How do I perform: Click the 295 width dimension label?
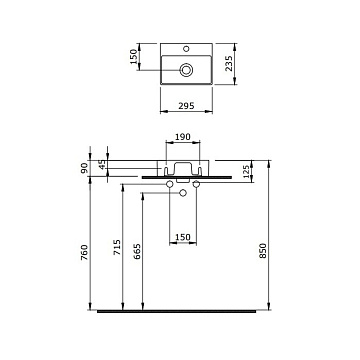click(186, 106)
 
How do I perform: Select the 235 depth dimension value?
click(229, 63)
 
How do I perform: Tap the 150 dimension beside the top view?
click(133, 57)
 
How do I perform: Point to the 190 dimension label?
click(182, 137)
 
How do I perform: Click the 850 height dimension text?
click(263, 250)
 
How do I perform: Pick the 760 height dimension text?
click(84, 252)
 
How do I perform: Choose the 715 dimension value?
click(117, 247)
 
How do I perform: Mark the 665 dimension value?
click(137, 252)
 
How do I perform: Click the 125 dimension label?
click(247, 172)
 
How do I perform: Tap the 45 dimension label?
click(102, 164)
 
